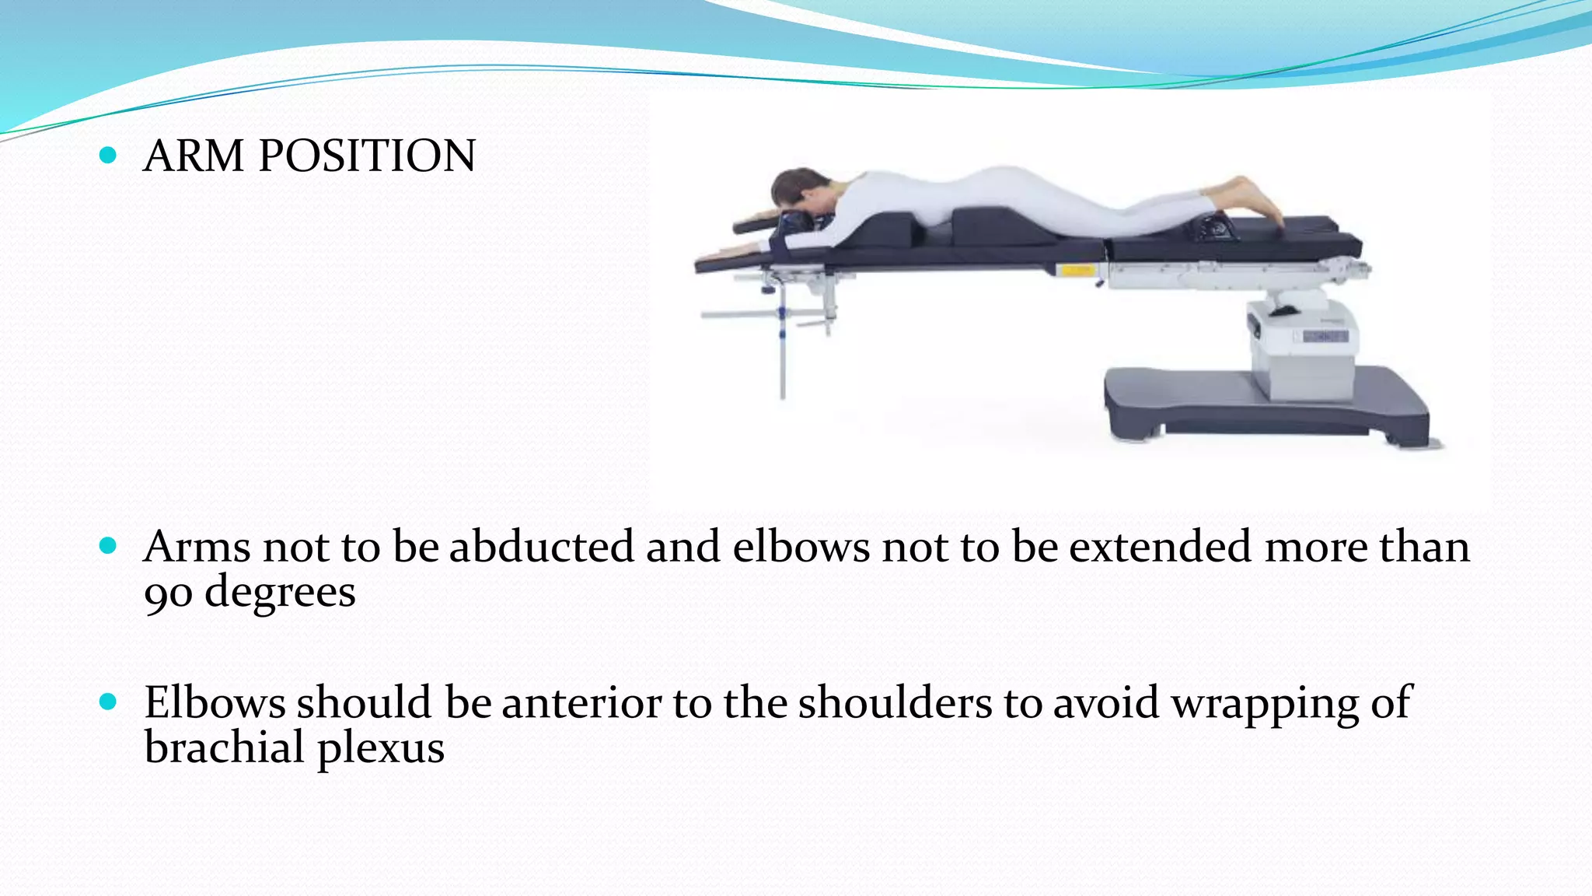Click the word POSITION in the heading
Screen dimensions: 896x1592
tap(367, 156)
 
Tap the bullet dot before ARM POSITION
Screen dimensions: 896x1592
tap(109, 156)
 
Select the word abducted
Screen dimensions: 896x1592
tap(541, 546)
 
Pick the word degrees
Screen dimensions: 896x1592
tap(280, 593)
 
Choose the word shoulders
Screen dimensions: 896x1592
tap(895, 702)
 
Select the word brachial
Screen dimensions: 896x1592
tap(224, 747)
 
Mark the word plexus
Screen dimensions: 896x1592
tap(381, 749)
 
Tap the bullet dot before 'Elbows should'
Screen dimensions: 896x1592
tap(109, 702)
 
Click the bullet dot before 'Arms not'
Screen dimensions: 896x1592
tap(109, 546)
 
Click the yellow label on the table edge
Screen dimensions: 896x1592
tap(1077, 271)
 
